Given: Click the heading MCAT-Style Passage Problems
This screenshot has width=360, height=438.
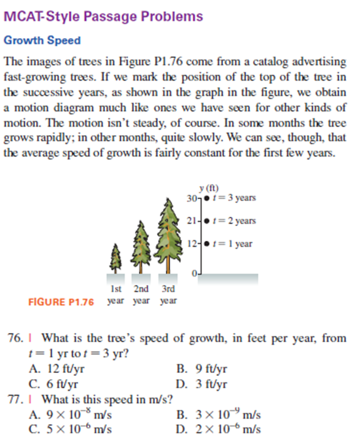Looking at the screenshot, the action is [x=103, y=17].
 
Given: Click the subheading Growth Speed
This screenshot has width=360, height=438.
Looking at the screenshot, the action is [x=42, y=41].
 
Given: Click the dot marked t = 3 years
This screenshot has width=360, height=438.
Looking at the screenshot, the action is [x=205, y=197].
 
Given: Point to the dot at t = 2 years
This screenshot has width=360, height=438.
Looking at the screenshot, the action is [x=205, y=221].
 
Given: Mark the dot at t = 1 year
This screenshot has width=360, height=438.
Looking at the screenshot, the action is [x=205, y=243].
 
